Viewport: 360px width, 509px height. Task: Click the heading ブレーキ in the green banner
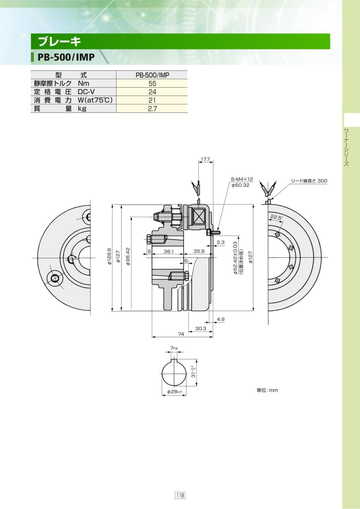tap(59, 42)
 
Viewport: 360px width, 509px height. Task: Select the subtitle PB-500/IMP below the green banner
tap(66, 57)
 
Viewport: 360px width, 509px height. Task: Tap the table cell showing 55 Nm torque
tap(152, 84)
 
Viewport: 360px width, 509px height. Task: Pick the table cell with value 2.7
tap(152, 109)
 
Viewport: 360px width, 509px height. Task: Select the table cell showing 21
tap(152, 100)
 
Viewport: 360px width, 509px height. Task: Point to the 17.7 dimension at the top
tap(205, 159)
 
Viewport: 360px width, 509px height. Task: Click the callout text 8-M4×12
tap(242, 179)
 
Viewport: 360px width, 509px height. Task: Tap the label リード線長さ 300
tap(309, 181)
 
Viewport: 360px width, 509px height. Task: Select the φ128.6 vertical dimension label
tap(109, 257)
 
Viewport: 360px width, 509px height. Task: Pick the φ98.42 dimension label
tap(128, 257)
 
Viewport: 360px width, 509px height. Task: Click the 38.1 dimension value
tap(168, 251)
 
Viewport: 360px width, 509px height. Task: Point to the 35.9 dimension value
tap(199, 251)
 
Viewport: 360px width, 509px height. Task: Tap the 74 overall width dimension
tap(181, 334)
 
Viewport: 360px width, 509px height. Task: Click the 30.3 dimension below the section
tap(201, 328)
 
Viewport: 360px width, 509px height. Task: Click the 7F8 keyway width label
tap(174, 348)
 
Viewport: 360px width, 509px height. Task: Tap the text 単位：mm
tap(267, 390)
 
